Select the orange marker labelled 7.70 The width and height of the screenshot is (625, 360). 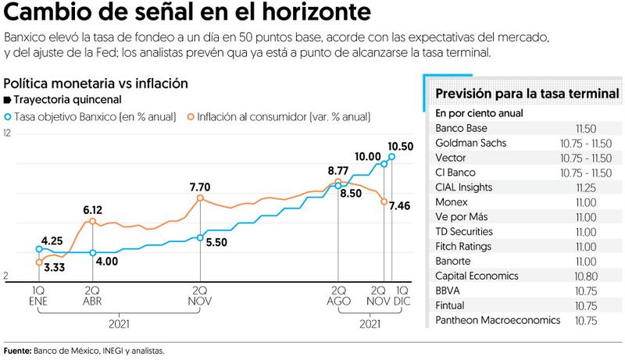point(201,198)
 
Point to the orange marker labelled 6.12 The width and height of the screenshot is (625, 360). point(93,222)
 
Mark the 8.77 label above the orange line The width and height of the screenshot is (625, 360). point(337,170)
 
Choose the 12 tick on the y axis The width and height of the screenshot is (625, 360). point(6,134)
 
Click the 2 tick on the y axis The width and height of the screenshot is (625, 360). point(6,276)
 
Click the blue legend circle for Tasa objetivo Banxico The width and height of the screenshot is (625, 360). point(9,116)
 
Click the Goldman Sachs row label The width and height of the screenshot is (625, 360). point(467,143)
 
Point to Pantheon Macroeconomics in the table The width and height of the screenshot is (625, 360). point(498,321)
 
